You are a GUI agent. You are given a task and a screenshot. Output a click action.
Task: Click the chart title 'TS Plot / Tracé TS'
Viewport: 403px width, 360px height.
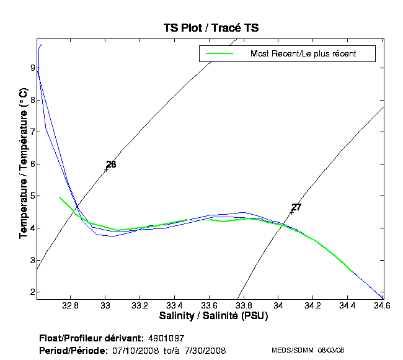pyautogui.click(x=210, y=28)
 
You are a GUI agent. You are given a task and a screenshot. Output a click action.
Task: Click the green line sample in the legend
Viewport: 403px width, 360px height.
pyautogui.click(x=216, y=54)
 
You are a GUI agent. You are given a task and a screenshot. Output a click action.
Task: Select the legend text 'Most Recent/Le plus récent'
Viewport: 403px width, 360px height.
pyautogui.click(x=303, y=54)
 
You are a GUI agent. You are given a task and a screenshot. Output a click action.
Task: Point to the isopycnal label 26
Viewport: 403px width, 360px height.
pyautogui.click(x=111, y=164)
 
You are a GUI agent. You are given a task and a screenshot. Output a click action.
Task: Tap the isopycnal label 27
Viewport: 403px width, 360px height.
pyautogui.click(x=296, y=207)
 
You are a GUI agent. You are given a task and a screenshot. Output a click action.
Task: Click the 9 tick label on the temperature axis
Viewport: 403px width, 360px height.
pyautogui.click(x=31, y=68)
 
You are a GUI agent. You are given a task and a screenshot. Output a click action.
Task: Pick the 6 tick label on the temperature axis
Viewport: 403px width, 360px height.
pyautogui.click(x=31, y=164)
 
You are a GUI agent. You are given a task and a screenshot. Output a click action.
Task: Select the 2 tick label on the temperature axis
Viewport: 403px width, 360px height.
pyautogui.click(x=31, y=292)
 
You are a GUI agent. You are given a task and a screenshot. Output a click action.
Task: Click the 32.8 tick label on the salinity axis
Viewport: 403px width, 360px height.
pyautogui.click(x=71, y=306)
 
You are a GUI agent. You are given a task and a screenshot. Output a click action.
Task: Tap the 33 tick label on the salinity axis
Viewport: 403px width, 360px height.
pyautogui.click(x=105, y=306)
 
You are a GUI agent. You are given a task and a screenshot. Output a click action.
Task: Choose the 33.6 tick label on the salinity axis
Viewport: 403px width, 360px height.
pyautogui.click(x=210, y=306)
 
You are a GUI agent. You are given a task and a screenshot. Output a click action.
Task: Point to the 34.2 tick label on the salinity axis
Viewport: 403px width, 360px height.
pyautogui.click(x=313, y=306)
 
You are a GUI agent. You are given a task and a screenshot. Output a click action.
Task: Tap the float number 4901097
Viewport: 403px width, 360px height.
pyautogui.click(x=166, y=338)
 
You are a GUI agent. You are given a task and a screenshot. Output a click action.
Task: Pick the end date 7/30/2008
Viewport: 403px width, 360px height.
pyautogui.click(x=206, y=351)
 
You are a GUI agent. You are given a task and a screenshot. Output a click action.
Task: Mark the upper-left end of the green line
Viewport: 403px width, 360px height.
pyautogui.click(x=60, y=197)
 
